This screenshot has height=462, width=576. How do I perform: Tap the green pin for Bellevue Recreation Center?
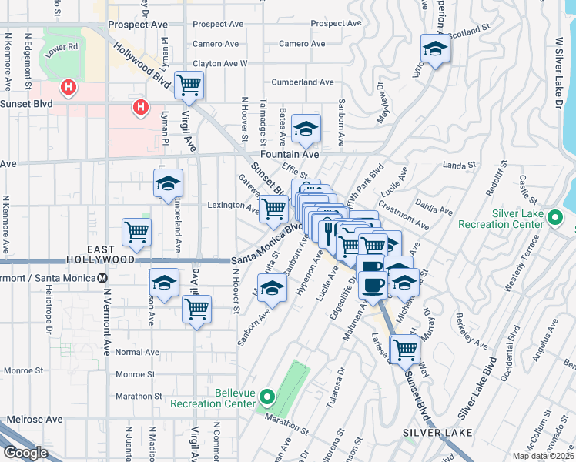click(267, 398)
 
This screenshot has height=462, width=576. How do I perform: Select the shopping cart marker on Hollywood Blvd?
click(189, 85)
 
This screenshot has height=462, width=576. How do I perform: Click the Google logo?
click(25, 453)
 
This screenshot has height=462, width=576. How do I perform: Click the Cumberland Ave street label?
click(302, 82)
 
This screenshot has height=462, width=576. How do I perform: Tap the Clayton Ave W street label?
click(220, 63)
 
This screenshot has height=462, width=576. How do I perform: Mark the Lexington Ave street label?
click(233, 206)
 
